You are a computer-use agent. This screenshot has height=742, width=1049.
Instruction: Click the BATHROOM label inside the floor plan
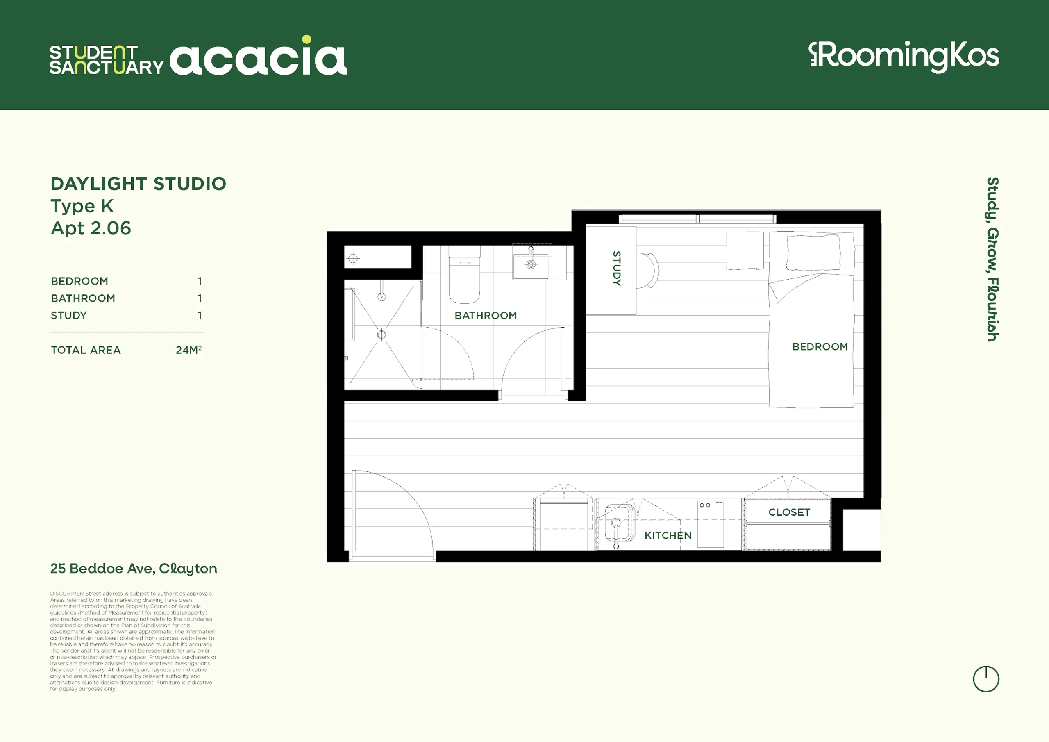click(486, 316)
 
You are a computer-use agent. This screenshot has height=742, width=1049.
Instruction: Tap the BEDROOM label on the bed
click(820, 346)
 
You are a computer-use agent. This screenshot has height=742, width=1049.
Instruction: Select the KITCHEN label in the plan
click(668, 535)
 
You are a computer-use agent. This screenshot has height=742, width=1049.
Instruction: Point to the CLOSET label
click(790, 512)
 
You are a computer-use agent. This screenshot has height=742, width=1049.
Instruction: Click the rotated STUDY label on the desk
click(616, 269)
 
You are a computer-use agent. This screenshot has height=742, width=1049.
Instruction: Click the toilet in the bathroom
click(464, 274)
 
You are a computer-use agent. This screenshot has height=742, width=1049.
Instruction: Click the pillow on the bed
click(813, 253)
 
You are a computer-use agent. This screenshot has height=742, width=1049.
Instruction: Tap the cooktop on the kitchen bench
click(711, 524)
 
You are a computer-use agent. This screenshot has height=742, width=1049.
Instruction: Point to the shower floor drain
click(381, 335)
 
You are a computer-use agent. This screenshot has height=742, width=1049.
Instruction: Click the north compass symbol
click(986, 679)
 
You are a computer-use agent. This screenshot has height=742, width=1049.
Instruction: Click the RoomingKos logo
click(904, 57)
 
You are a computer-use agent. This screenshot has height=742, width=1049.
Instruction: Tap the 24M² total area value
click(188, 350)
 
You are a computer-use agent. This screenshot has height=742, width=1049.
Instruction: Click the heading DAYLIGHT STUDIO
click(139, 184)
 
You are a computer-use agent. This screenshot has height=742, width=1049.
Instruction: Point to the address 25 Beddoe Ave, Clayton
click(134, 569)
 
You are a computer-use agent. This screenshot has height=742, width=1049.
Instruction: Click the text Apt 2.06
click(91, 228)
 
